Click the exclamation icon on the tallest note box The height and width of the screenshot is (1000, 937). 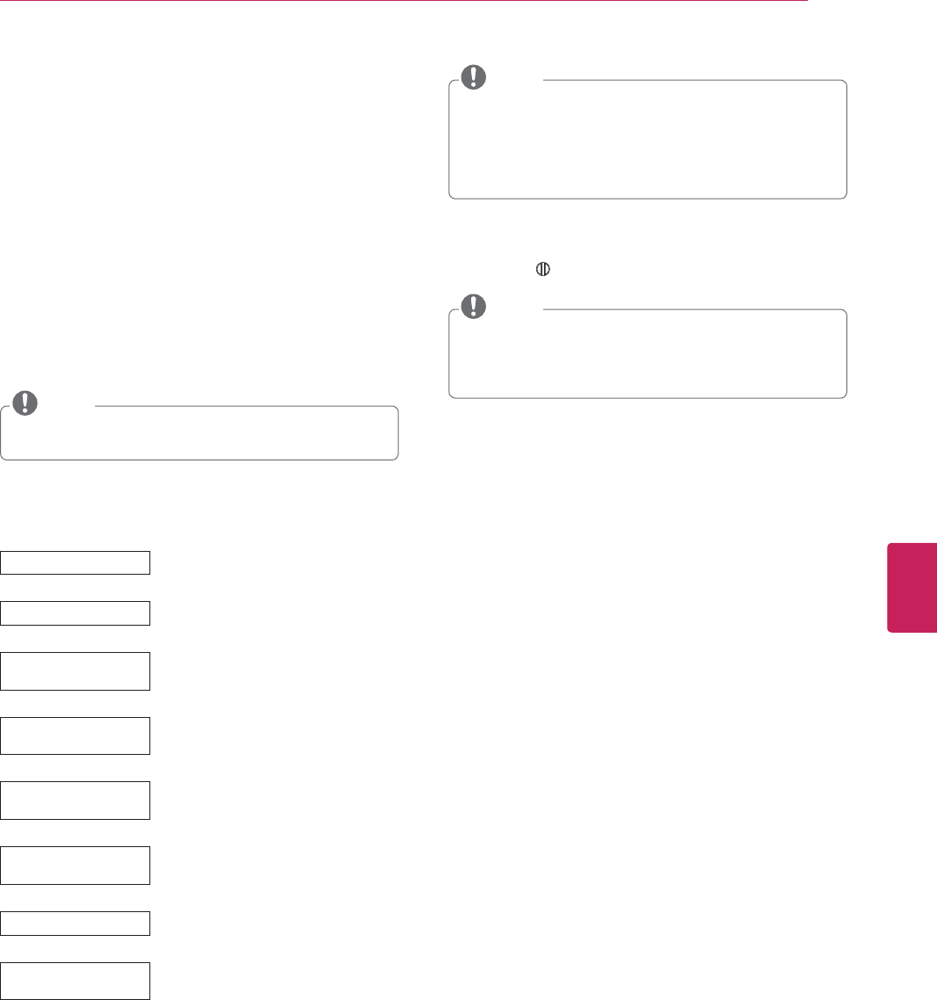point(474,77)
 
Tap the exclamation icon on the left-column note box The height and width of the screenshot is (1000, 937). point(26,402)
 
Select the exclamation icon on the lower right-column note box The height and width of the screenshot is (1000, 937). point(474,305)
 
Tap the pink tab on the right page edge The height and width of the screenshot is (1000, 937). point(912,587)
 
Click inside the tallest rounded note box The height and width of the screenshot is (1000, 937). point(648,141)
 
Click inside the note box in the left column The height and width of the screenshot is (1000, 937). point(200,435)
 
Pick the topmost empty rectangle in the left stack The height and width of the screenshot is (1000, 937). point(76,562)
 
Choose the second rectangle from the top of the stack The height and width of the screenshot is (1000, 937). point(76,612)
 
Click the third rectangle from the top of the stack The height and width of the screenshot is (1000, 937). point(76,670)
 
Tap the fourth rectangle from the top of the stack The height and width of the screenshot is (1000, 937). point(76,736)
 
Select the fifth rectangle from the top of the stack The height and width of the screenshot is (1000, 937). point(76,801)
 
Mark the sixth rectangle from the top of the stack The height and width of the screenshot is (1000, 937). point(76,866)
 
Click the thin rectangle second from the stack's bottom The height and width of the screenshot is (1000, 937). point(76,923)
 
